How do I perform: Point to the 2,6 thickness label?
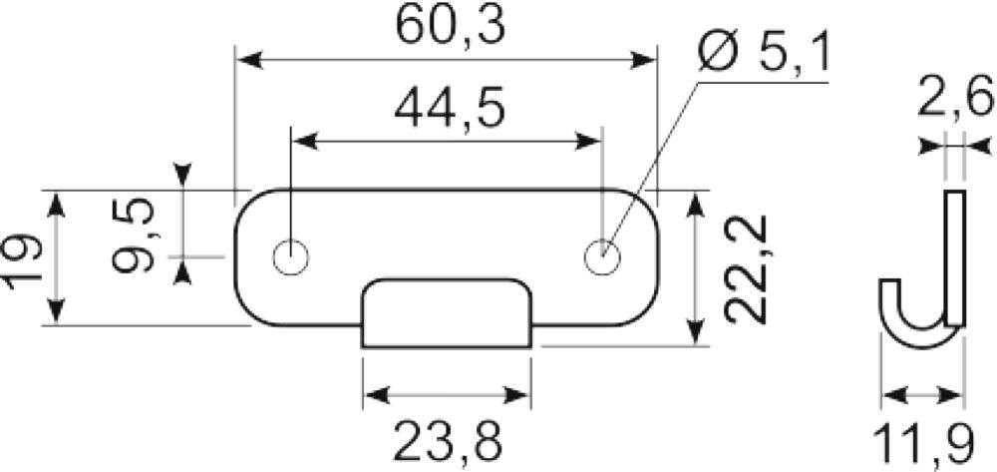tap(954, 97)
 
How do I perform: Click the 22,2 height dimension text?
tap(747, 269)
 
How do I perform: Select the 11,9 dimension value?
tap(923, 445)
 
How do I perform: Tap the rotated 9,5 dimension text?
tap(134, 236)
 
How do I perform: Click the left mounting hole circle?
tap(290, 258)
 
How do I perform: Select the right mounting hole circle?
tap(602, 257)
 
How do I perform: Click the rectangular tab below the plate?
tap(447, 313)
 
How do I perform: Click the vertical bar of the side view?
tap(955, 257)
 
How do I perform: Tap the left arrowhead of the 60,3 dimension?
tap(250, 61)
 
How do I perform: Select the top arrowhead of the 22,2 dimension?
tap(696, 205)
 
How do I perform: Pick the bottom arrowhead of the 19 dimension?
tap(57, 311)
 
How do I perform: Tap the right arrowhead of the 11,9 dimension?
tap(952, 396)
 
